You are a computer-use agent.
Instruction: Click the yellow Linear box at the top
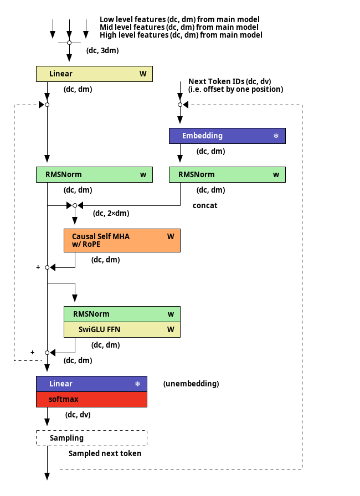tap(94, 74)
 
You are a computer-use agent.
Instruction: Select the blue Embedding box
tap(227, 136)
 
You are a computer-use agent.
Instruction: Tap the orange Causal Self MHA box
tap(122, 240)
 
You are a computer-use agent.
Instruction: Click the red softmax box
tap(92, 399)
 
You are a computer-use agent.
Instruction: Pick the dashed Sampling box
tap(92, 438)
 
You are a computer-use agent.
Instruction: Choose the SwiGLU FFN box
tap(122, 329)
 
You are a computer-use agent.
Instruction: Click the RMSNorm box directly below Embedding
tap(227, 174)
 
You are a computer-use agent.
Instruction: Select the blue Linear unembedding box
tap(92, 384)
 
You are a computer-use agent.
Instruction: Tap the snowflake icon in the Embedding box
tap(276, 136)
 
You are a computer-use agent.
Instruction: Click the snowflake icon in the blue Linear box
tap(137, 384)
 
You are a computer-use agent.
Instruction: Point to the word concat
tap(205, 205)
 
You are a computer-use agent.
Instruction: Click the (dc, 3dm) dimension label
tap(102, 50)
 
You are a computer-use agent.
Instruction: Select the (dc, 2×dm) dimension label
tap(111, 214)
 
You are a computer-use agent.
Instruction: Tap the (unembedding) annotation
tap(191, 384)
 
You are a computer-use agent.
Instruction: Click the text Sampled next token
tap(105, 453)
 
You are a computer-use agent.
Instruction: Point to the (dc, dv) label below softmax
tap(78, 415)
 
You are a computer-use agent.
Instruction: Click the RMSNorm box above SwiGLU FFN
tap(122, 314)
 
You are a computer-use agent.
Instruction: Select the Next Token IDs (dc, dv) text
tap(230, 81)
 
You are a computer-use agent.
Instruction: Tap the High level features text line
tap(181, 35)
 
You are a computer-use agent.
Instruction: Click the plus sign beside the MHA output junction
tap(38, 267)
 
